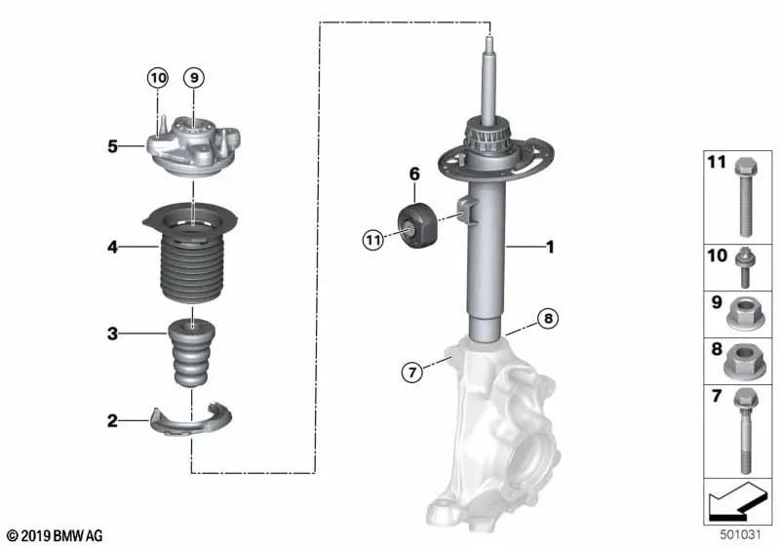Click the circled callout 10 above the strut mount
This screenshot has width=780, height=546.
pyautogui.click(x=158, y=77)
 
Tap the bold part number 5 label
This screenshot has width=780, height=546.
pyautogui.click(x=113, y=147)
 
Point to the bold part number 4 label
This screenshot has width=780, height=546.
pyautogui.click(x=113, y=248)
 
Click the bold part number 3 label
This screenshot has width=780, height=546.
pyautogui.click(x=113, y=334)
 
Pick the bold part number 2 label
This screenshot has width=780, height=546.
pyautogui.click(x=113, y=421)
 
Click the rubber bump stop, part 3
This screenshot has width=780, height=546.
pyautogui.click(x=192, y=354)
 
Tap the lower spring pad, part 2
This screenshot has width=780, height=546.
pyautogui.click(x=196, y=420)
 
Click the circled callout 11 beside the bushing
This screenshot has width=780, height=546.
pyautogui.click(x=374, y=239)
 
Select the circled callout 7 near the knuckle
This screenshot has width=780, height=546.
pyautogui.click(x=413, y=370)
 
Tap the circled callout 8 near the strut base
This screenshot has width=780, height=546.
pyautogui.click(x=548, y=318)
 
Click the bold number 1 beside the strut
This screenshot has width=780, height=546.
pyautogui.click(x=550, y=249)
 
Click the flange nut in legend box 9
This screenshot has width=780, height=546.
pyautogui.click(x=742, y=314)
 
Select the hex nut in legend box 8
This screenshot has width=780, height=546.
pyautogui.click(x=742, y=361)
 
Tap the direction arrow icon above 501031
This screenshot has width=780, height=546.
pyautogui.click(x=736, y=504)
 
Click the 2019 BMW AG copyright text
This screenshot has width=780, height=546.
pyautogui.click(x=55, y=535)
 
